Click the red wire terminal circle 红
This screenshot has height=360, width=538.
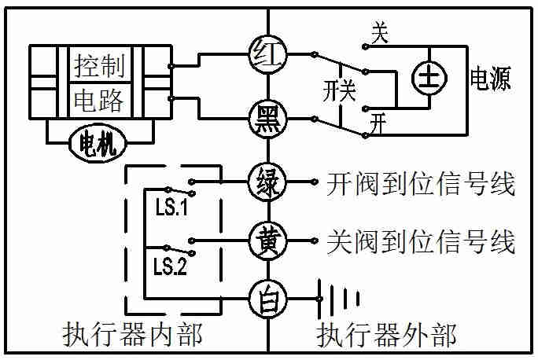point(269,53)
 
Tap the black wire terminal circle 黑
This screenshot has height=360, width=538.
point(269,119)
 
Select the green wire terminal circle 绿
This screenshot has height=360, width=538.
point(269,184)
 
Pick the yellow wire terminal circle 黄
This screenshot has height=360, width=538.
point(269,239)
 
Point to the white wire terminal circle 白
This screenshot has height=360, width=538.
point(269,299)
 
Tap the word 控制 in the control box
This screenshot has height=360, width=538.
point(99,66)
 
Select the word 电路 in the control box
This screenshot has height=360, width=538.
point(99,101)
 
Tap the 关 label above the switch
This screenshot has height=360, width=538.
point(380,32)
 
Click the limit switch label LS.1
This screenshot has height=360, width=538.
point(169,211)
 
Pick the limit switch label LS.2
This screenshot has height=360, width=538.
point(169,266)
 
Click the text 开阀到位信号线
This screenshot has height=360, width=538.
point(420,185)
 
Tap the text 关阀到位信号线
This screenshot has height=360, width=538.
point(420,240)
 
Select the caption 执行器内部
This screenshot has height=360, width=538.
point(132,336)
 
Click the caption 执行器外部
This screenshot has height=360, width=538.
point(386,336)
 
